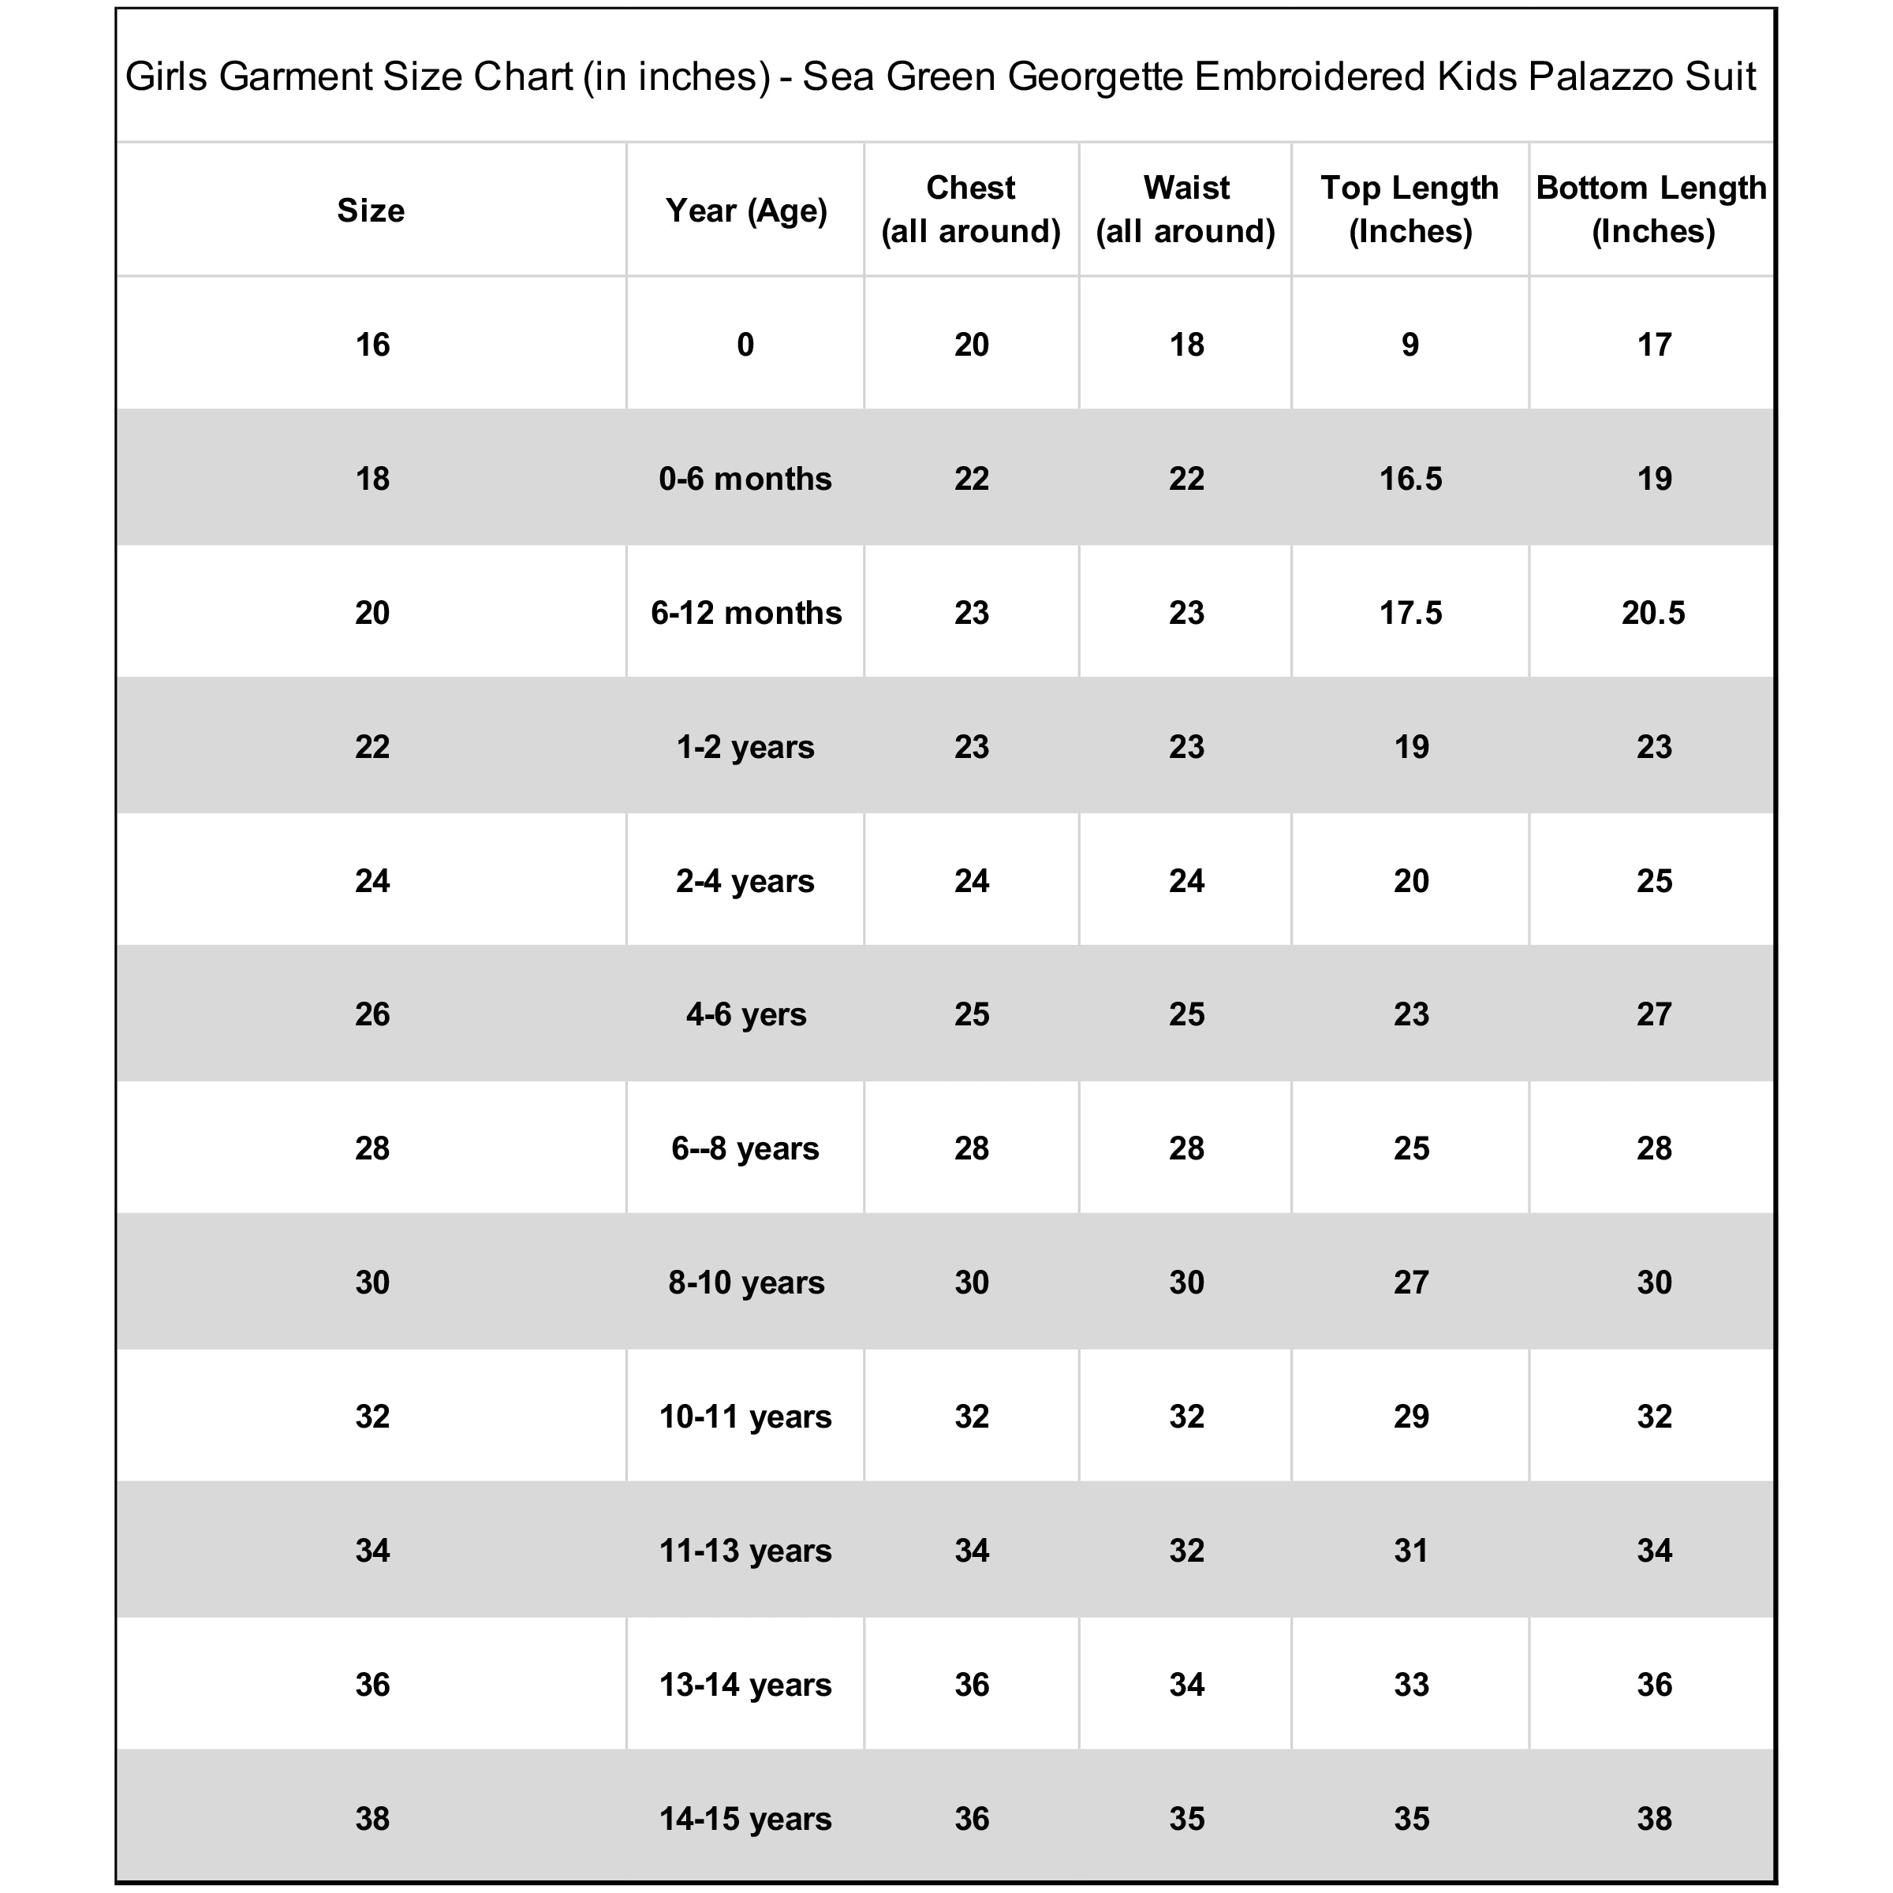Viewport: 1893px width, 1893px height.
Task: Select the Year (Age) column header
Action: pos(745,210)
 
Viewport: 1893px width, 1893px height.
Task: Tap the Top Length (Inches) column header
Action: pos(1410,209)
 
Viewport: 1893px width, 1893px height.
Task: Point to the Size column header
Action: pos(371,210)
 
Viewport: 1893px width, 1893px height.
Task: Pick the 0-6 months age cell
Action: pos(745,478)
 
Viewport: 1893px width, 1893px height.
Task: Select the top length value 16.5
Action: pos(1410,478)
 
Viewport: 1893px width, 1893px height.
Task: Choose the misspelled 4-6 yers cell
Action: pos(745,1014)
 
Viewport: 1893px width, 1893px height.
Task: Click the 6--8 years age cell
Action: pos(745,1148)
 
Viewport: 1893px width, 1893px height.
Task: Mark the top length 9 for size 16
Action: pos(1410,344)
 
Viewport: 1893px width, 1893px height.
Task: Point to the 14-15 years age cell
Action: pos(745,1819)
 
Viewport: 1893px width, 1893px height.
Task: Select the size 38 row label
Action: pos(372,1819)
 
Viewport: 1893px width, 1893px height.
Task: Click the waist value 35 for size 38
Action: pos(1185,1819)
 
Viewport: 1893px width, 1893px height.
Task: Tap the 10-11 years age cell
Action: pos(745,1416)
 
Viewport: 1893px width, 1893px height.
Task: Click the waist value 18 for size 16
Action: pos(1185,344)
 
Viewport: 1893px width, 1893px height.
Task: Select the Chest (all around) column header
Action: pos(971,209)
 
